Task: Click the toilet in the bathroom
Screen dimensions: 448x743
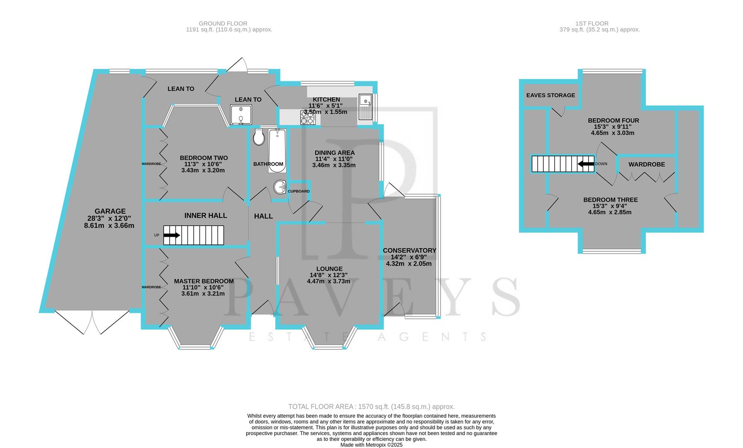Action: coord(259,137)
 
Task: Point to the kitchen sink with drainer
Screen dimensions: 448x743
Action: coord(365,107)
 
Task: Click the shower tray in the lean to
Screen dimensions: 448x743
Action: coord(241,114)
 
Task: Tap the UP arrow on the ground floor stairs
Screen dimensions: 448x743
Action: coord(171,235)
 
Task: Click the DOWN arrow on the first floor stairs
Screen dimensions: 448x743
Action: coord(586,164)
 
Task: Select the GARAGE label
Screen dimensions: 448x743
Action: coord(110,211)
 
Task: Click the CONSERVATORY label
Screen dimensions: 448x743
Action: coord(409,251)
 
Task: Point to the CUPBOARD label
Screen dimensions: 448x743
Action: coord(299,191)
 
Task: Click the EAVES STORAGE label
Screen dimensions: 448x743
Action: coord(551,95)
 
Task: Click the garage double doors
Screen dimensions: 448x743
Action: coord(92,323)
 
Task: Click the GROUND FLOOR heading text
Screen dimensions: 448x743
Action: coord(223,24)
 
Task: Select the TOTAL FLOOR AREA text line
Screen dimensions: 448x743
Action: coord(371,407)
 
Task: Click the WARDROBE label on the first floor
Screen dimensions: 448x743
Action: coord(646,164)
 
